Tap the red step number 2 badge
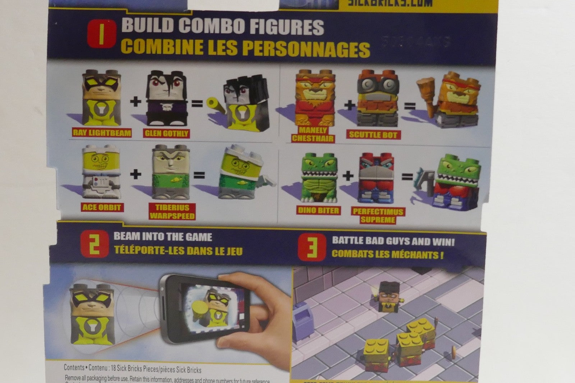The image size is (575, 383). click(95, 245)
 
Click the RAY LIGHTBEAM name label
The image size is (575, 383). click(102, 133)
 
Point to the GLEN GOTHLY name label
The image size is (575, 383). click(166, 133)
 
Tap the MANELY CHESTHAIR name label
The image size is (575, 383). click(313, 134)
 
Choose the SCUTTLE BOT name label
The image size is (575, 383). click(373, 135)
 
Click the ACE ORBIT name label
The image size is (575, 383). click(102, 207)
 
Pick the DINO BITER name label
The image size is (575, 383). click(319, 210)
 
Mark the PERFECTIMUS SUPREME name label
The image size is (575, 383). click(378, 215)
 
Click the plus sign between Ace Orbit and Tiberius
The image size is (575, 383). click(135, 174)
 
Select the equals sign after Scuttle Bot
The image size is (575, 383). click(410, 106)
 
